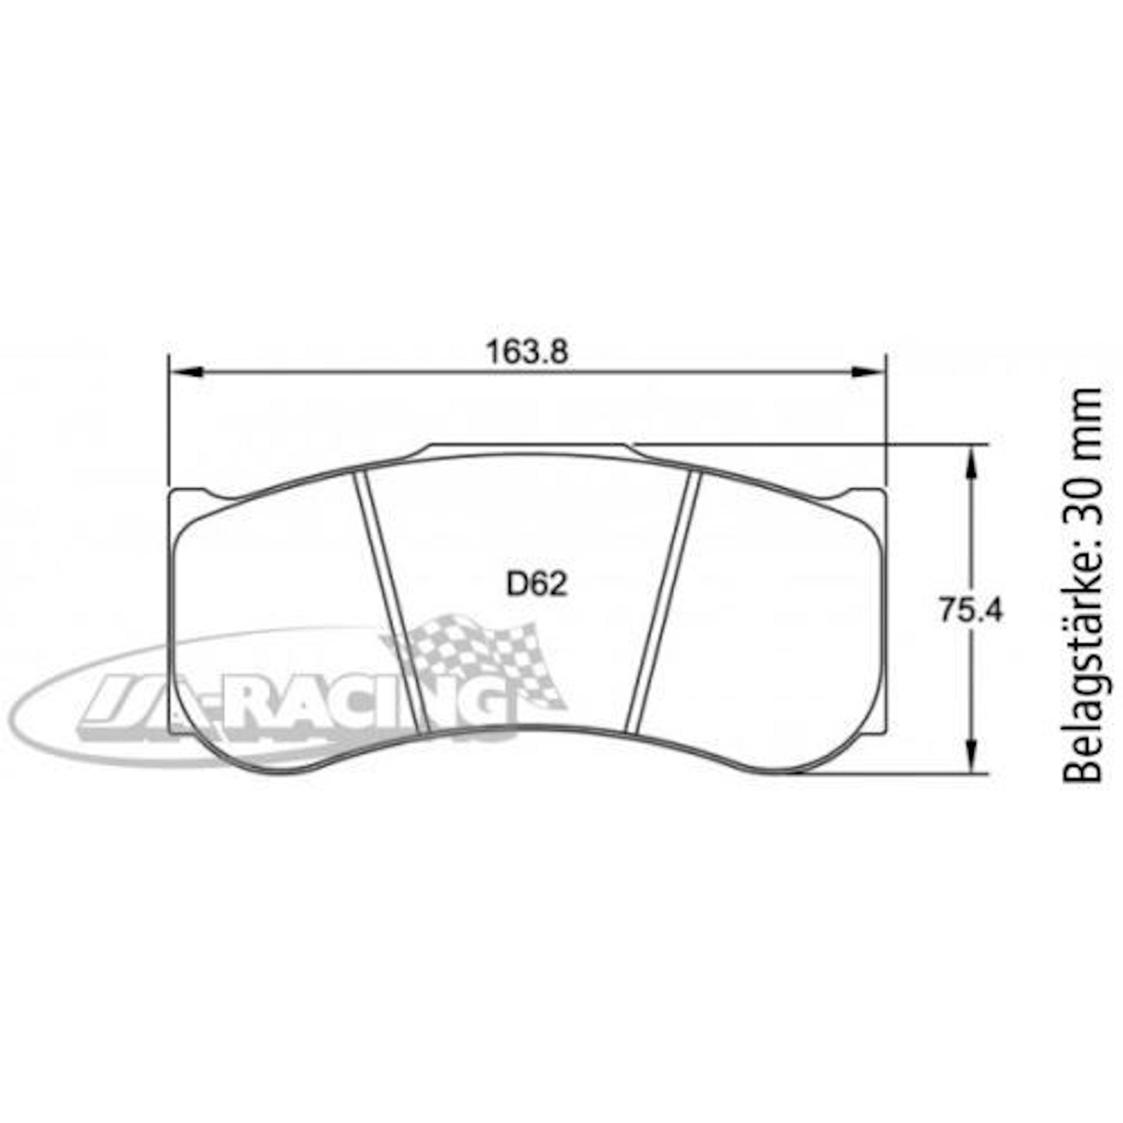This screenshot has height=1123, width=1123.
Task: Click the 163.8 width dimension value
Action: [x=527, y=353]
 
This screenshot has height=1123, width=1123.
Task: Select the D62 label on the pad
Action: [x=537, y=584]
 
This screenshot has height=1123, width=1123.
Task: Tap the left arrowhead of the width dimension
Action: [x=186, y=371]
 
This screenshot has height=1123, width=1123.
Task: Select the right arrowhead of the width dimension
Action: [x=868, y=371]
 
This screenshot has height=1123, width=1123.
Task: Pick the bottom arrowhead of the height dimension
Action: [x=971, y=756]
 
